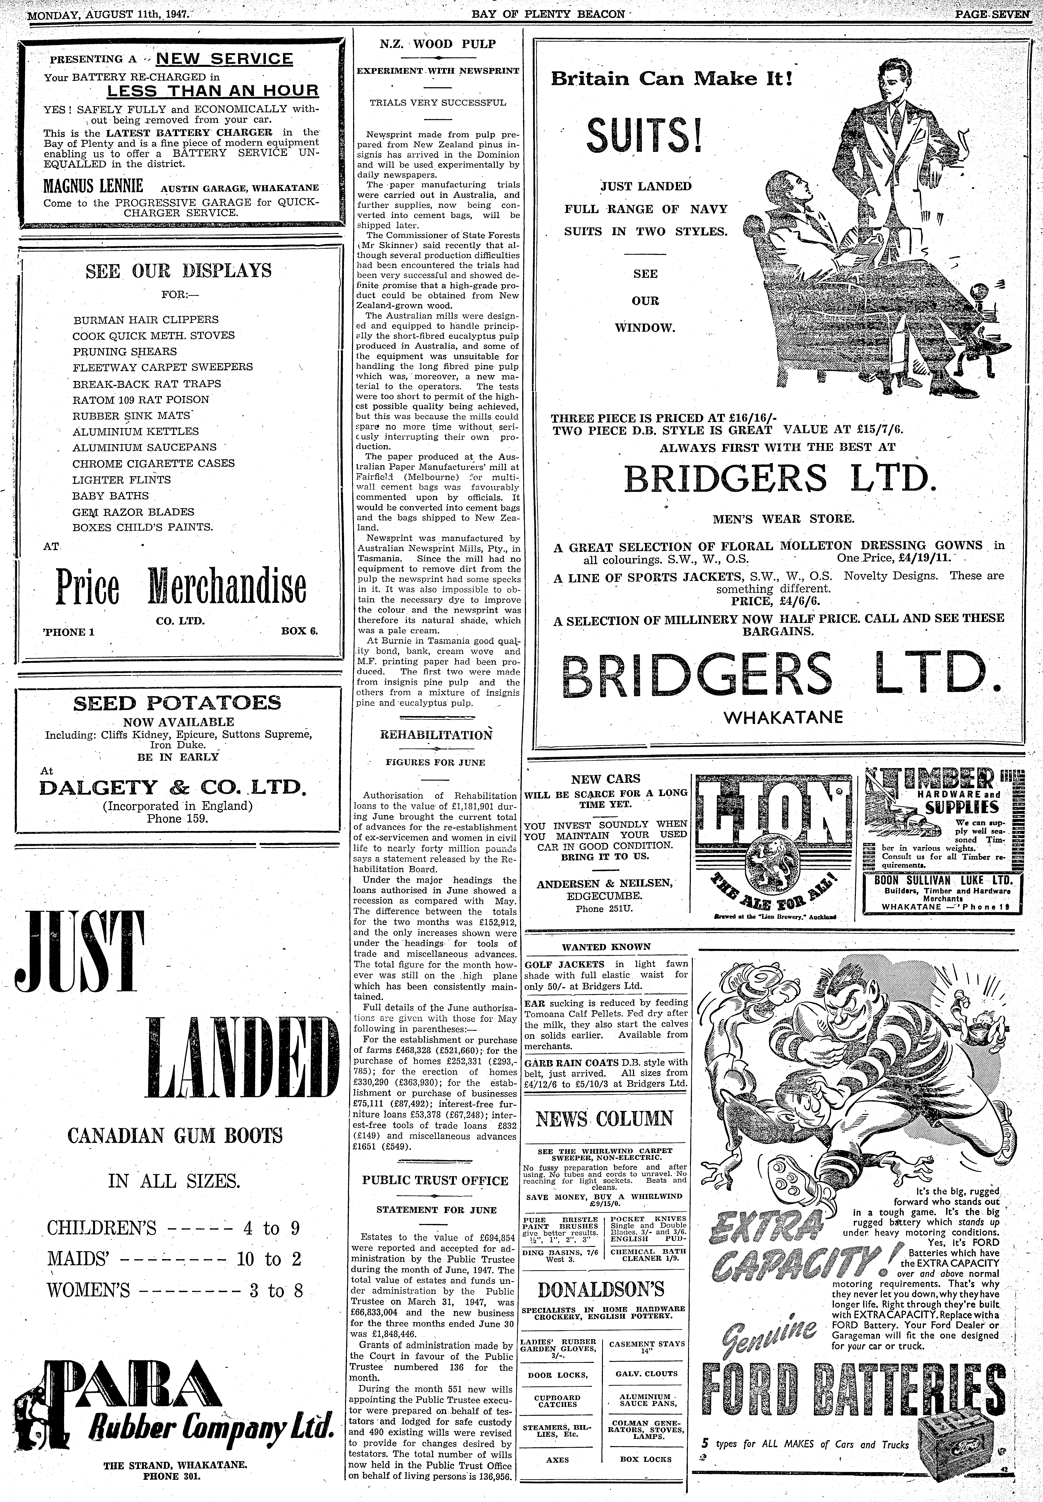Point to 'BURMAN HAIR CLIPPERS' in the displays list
146,320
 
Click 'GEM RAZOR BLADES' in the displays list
133,512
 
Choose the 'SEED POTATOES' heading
177,703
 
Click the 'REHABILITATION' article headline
436,735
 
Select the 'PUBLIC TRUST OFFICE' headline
435,1180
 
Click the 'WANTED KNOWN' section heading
606,946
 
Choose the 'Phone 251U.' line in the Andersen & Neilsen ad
604,909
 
